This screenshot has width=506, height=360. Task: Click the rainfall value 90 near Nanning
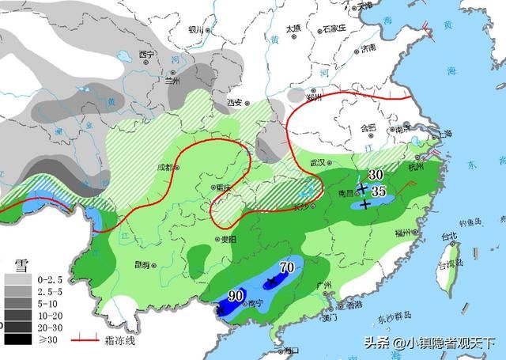235,296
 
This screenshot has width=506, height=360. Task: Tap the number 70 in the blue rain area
287,267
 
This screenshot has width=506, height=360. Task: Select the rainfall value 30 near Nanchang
376,174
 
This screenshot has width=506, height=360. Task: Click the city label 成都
164,167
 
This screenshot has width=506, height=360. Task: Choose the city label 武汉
318,161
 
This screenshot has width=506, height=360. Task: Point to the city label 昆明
142,264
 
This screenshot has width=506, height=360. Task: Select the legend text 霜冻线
116,340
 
